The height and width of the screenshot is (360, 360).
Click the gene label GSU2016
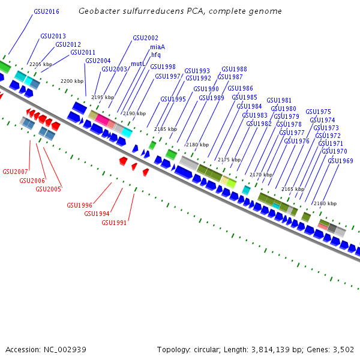pyautogui.click(x=46, y=11)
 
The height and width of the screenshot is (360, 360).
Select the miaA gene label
pyautogui.click(x=158, y=47)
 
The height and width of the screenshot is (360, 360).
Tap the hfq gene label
pyautogui.click(x=155, y=55)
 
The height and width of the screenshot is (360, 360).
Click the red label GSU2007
pyautogui.click(x=15, y=172)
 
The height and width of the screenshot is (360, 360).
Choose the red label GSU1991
pyautogui.click(x=114, y=223)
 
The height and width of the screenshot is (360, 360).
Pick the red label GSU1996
pyautogui.click(x=80, y=205)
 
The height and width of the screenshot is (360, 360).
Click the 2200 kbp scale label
pyautogui.click(x=72, y=81)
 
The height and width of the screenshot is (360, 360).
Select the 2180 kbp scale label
pyautogui.click(x=197, y=145)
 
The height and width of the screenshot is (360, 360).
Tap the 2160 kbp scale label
pyautogui.click(x=325, y=203)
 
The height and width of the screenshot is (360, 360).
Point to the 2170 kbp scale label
pyautogui.click(x=261, y=174)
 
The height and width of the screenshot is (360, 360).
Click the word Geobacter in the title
pyautogui.click(x=98, y=11)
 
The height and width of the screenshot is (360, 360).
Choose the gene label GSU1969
pyautogui.click(x=340, y=161)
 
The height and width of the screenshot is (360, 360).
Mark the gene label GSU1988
pyautogui.click(x=234, y=69)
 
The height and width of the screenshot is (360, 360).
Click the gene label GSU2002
pyautogui.click(x=145, y=38)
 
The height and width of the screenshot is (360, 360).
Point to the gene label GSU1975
pyautogui.click(x=318, y=112)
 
